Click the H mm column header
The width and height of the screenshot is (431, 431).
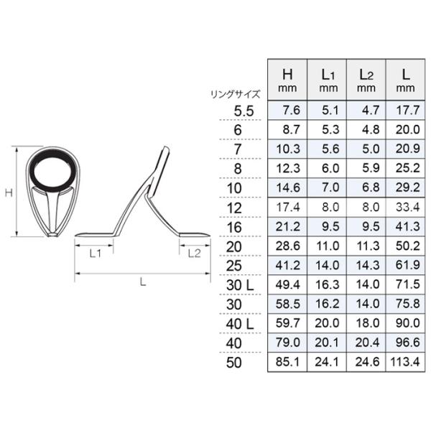coord(287,80)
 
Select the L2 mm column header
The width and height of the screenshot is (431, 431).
coord(366,80)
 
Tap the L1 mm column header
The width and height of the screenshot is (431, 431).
coord(327,80)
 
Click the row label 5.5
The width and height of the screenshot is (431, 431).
coord(244,111)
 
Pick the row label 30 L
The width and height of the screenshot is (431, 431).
coord(240,285)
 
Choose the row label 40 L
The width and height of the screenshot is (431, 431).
coord(240,324)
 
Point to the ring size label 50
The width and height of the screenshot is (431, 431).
coord(234,363)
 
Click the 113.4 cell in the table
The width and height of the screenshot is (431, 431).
coord(405,362)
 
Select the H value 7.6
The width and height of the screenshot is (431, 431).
coord(292,110)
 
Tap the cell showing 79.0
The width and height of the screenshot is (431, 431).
coord(287,343)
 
